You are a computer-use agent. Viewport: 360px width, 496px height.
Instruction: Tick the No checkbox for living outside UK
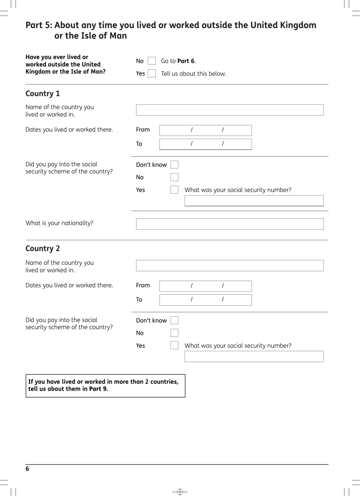152,61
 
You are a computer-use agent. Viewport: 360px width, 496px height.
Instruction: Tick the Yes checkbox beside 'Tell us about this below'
152,74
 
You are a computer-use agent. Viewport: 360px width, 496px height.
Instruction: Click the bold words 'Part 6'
186,61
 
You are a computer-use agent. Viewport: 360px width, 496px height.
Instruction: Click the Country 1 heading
42,94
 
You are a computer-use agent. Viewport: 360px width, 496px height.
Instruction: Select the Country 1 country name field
230,110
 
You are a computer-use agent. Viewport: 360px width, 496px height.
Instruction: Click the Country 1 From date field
205,130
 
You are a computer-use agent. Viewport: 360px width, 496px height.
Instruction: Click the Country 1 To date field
205,144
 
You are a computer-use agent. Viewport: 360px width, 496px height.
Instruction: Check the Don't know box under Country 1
174,164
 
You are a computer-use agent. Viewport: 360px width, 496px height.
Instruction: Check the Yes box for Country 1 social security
174,190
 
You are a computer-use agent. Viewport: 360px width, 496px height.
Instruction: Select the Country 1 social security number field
254,200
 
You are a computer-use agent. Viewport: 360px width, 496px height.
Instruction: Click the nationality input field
230,224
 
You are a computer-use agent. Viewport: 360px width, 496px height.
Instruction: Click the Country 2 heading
42,249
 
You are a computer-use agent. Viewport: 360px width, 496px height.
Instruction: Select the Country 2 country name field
230,266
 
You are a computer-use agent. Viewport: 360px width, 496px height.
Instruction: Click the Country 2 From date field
205,286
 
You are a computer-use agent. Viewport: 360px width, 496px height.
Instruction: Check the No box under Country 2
174,333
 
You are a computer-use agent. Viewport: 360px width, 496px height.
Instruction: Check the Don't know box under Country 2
174,321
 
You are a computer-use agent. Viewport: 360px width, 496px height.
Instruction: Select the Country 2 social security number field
254,356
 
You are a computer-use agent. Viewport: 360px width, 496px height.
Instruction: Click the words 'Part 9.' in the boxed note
99,389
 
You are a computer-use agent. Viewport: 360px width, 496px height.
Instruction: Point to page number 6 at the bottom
27,469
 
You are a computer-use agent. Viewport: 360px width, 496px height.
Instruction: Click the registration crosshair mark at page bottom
180,492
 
